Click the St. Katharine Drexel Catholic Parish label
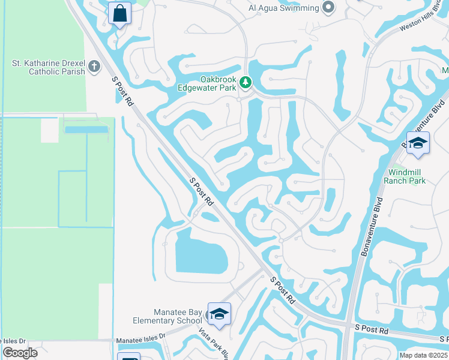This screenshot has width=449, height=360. (x=49, y=67)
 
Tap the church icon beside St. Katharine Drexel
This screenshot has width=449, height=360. (x=94, y=66)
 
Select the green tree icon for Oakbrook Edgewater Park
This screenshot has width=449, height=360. (x=245, y=82)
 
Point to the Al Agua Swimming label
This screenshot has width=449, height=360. (x=283, y=8)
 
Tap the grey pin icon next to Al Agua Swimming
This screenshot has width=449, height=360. (x=328, y=8)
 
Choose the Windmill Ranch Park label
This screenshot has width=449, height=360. (x=407, y=176)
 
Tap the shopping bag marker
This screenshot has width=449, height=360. (x=120, y=13)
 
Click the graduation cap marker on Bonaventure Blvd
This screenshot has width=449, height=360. (x=418, y=143)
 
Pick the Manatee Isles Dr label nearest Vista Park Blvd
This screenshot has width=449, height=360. (x=141, y=339)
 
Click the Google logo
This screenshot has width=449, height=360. (x=19, y=353)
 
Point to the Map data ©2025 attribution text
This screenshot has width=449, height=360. (x=423, y=355)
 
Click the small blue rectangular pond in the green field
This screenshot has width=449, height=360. (x=86, y=129)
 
